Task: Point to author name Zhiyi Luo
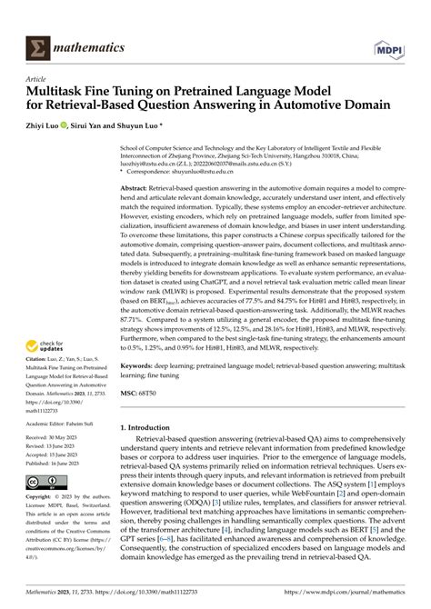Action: click(x=53, y=127)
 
